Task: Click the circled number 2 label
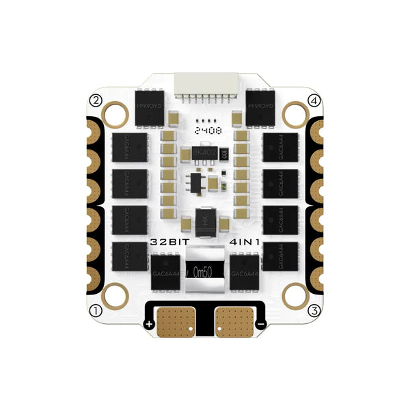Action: tap(96, 100)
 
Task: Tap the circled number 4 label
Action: tap(314, 100)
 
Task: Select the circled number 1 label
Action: tap(96, 310)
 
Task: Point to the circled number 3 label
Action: tap(314, 310)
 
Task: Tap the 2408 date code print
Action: tap(204, 128)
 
